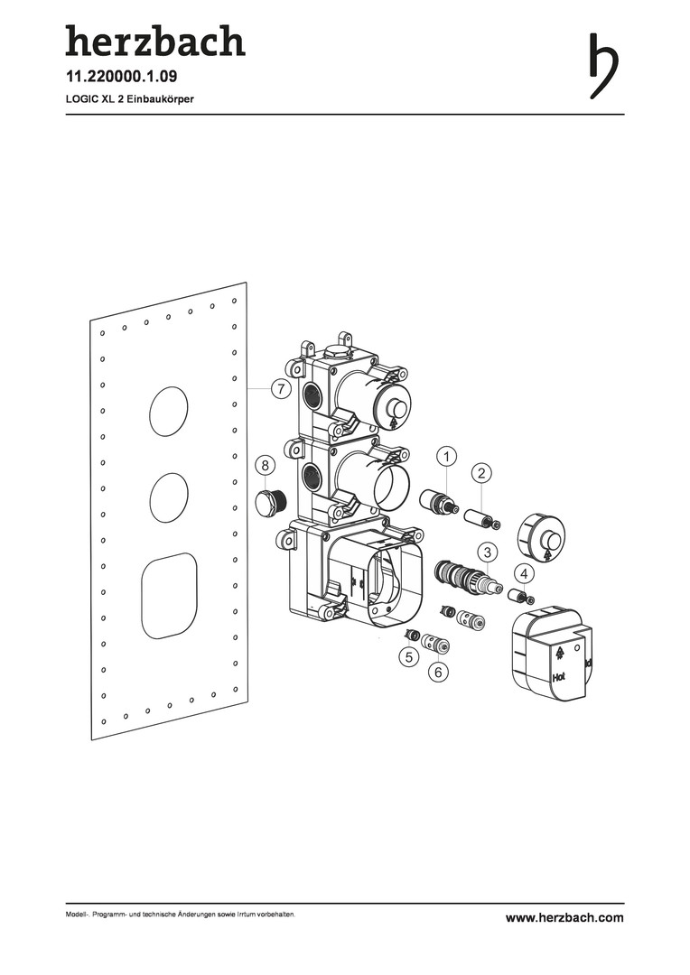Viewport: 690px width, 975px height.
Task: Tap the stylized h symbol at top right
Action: click(603, 65)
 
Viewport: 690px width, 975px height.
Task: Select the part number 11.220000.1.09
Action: click(122, 77)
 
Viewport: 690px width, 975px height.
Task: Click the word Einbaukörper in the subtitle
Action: click(161, 99)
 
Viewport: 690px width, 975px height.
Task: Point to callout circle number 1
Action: click(446, 457)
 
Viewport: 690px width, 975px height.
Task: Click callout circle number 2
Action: click(481, 473)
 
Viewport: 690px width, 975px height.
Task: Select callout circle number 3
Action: click(488, 552)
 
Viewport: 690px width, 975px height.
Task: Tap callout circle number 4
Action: click(525, 572)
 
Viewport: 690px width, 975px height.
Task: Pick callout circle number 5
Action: click(408, 656)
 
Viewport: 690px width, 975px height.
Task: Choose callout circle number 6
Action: click(438, 673)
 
